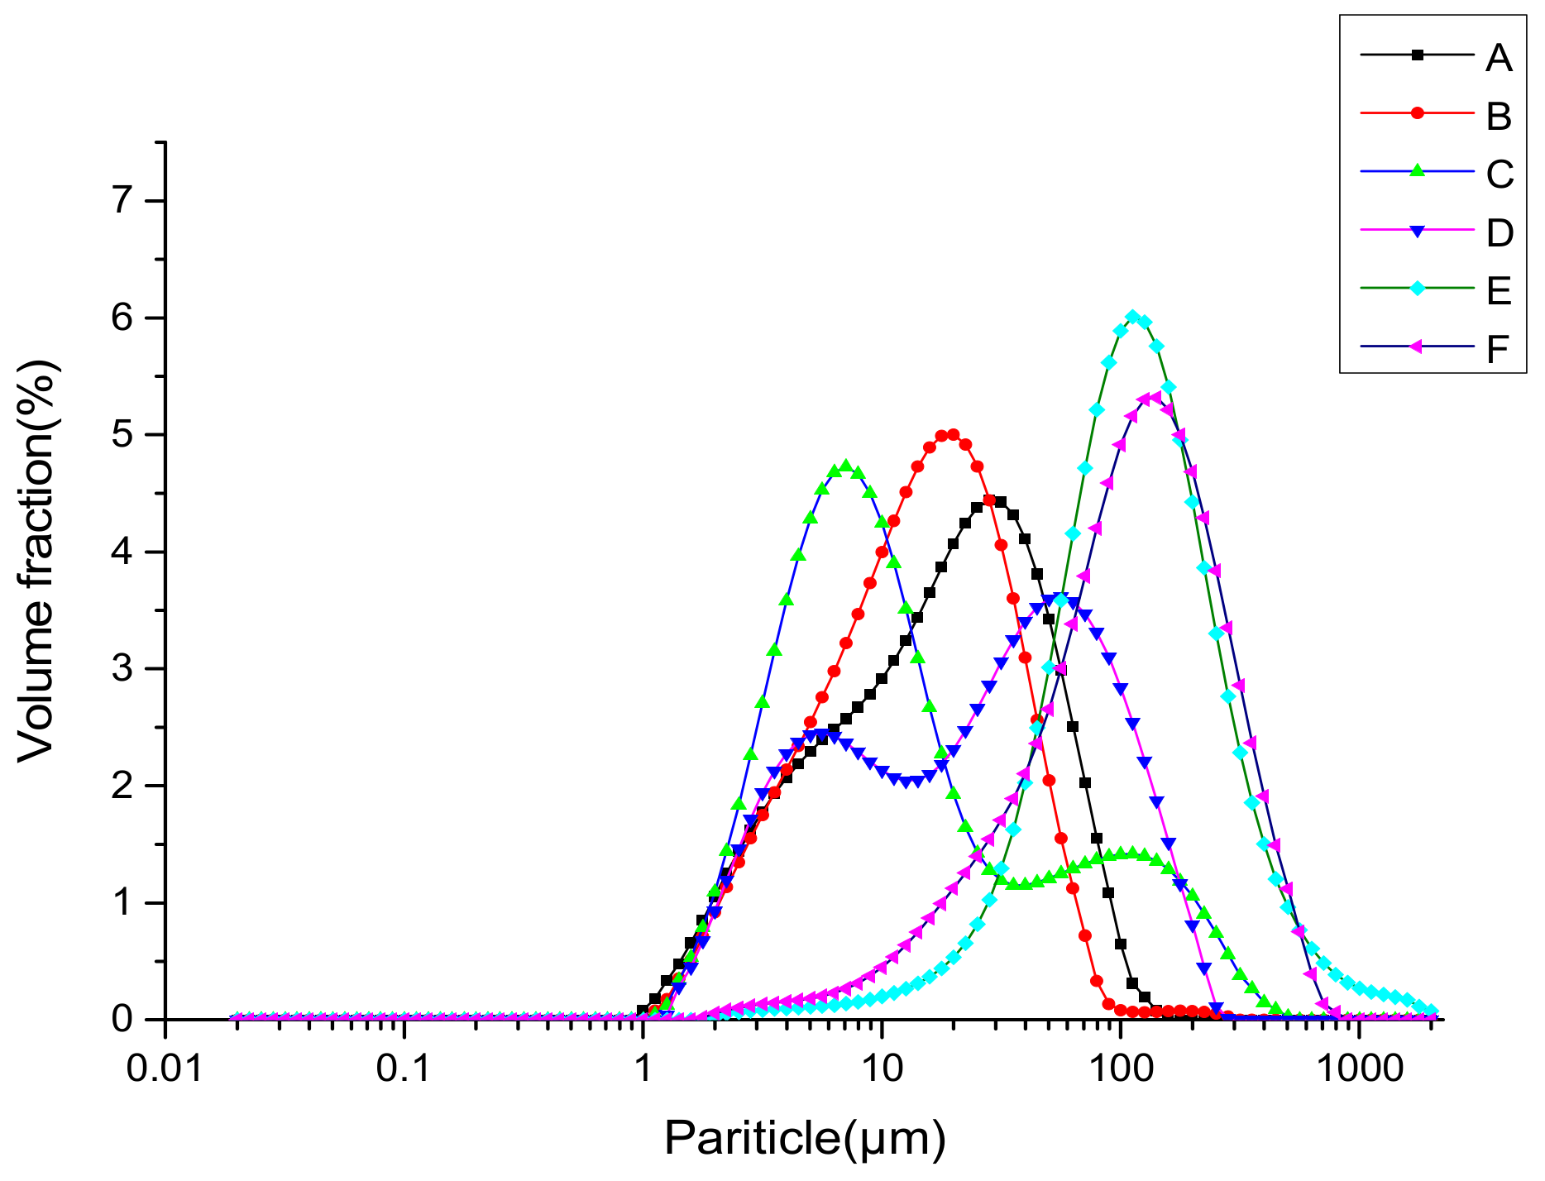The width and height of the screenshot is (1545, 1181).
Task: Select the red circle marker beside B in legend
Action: click(x=1418, y=113)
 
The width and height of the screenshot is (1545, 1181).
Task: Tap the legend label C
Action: click(x=1500, y=175)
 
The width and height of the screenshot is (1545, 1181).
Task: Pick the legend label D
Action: click(x=1500, y=233)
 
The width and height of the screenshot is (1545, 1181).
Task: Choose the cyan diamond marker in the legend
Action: click(x=1418, y=289)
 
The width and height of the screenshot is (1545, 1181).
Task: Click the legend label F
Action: click(x=1498, y=349)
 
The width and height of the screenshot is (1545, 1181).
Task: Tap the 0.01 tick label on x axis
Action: click(x=165, y=1069)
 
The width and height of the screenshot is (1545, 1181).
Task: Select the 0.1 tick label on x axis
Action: click(x=404, y=1069)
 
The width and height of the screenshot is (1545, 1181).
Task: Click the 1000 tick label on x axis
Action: click(x=1359, y=1069)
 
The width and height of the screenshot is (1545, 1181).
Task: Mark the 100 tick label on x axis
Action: click(x=1120, y=1069)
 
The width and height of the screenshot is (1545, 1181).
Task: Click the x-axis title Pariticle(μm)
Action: click(x=804, y=1139)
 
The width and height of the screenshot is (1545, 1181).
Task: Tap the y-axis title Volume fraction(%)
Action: click(x=36, y=562)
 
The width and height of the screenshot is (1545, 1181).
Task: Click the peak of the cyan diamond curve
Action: click(x=1133, y=317)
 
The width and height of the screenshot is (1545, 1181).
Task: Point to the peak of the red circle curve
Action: click(x=953, y=434)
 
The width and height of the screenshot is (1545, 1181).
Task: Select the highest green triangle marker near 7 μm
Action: click(x=845, y=466)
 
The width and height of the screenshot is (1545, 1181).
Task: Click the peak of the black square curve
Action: click(x=989, y=500)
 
